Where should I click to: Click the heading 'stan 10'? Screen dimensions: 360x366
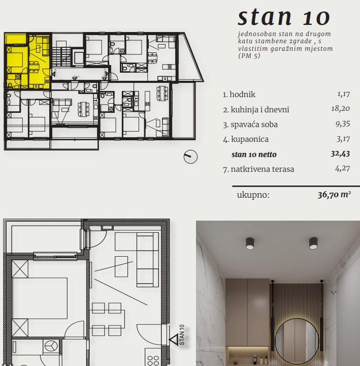click(x=284, y=17)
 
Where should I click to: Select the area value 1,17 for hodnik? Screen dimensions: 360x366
click(x=343, y=94)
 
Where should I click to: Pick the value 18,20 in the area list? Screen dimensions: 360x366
click(x=340, y=109)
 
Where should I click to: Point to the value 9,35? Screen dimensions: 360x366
click(x=343, y=124)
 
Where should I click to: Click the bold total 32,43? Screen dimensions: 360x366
click(x=340, y=154)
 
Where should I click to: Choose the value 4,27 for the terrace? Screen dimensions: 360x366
click(x=343, y=169)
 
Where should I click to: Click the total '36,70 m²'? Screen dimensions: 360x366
click(x=334, y=194)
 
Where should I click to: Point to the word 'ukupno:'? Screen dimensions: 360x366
click(x=253, y=195)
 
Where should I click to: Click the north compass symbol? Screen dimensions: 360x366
click(x=190, y=157)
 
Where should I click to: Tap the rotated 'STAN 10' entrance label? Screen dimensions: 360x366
click(x=182, y=334)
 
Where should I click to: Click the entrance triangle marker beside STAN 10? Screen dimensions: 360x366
click(x=174, y=340)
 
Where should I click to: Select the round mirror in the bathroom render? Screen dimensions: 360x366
click(x=297, y=341)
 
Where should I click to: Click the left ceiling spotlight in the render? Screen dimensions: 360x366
click(x=250, y=243)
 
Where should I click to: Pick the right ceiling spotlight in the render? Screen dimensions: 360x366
click(x=313, y=243)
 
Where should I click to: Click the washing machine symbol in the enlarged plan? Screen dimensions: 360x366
click(x=51, y=346)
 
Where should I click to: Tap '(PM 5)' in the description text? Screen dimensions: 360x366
click(x=249, y=56)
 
